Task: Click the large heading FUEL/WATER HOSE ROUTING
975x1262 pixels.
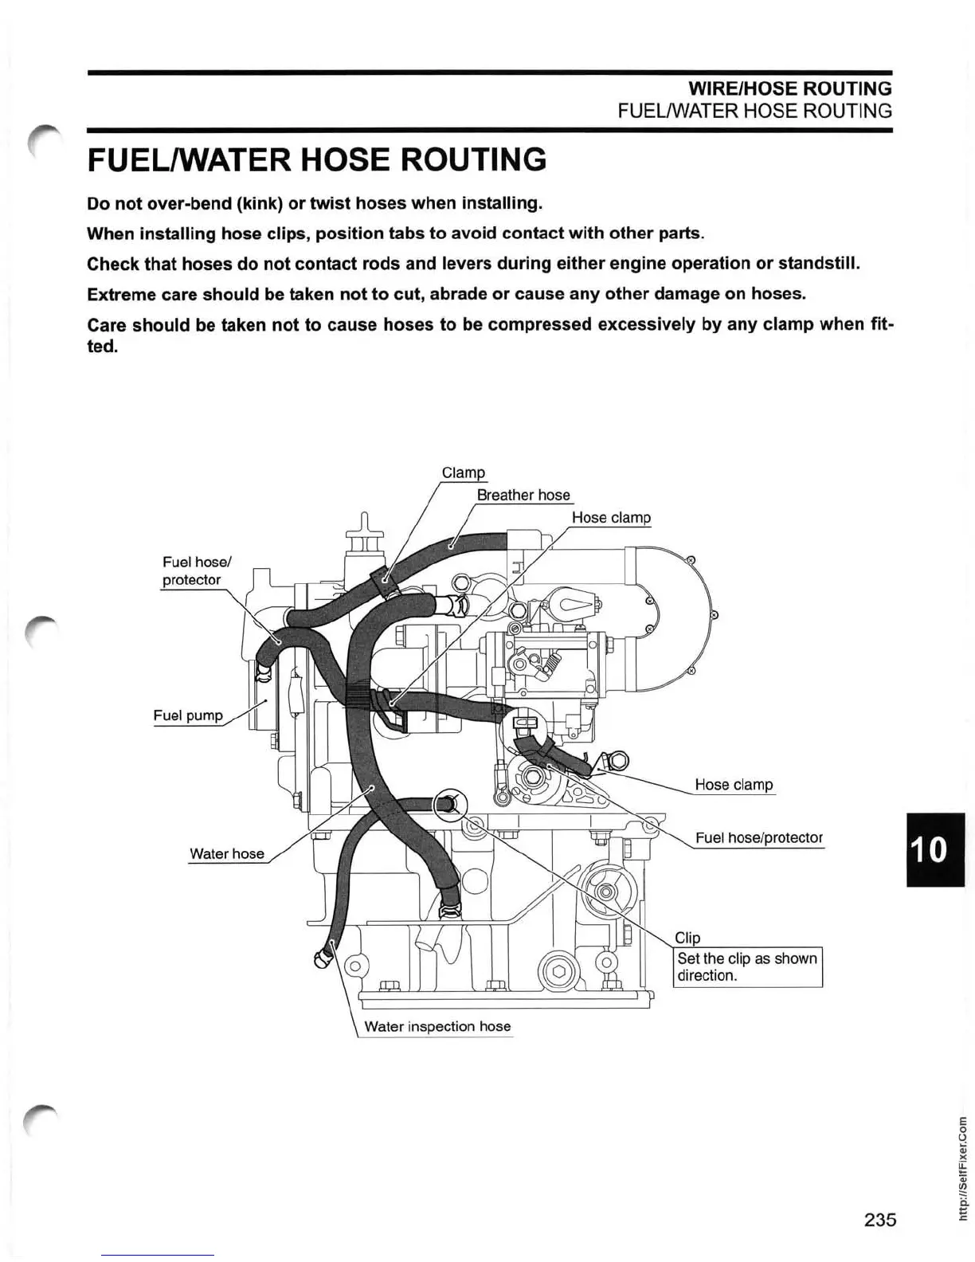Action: coord(316,159)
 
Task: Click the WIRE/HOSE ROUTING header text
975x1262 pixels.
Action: coord(789,88)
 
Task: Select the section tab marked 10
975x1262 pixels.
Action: coord(934,849)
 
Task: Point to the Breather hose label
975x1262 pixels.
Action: coord(523,495)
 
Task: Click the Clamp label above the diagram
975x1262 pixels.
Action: coord(463,472)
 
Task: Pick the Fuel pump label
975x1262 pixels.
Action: coord(188,715)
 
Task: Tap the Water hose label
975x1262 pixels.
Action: coord(227,853)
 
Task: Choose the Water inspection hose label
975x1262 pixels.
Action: coord(437,1026)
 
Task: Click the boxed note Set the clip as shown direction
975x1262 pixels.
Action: coord(747,967)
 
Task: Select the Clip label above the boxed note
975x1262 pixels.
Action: coord(687,938)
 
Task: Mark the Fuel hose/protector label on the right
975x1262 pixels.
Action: coord(758,837)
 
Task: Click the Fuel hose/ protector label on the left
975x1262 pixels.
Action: coord(191,571)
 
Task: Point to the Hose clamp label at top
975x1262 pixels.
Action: coord(611,517)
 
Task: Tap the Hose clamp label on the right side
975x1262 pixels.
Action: coord(734,785)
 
